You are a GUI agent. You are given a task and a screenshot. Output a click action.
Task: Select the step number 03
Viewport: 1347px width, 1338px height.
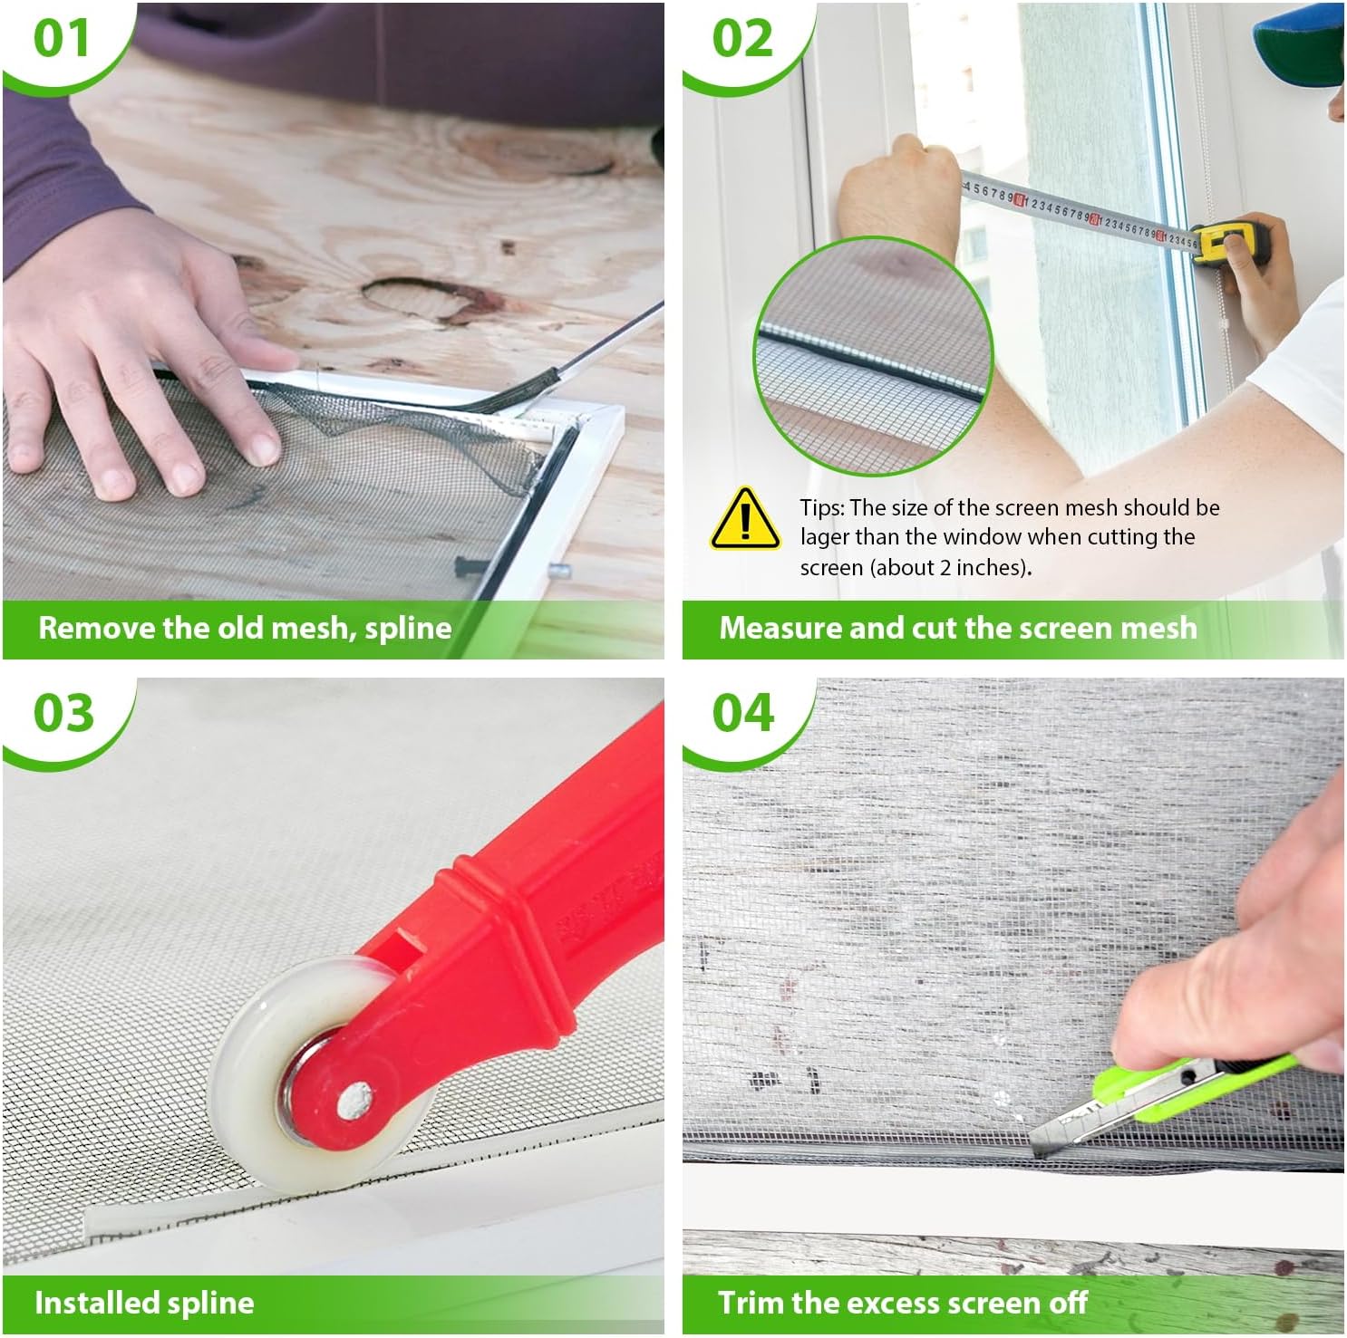63,713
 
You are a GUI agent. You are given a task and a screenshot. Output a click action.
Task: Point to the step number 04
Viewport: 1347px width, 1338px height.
743,713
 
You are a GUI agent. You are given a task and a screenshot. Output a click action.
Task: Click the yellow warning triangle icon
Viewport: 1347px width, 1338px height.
745,519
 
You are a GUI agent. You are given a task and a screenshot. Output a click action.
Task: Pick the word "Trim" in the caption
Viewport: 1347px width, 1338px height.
751,1303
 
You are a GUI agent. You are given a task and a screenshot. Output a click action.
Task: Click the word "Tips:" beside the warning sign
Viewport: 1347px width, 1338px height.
821,508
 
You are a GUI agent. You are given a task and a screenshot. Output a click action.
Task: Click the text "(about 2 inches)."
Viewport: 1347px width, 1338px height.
916,568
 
